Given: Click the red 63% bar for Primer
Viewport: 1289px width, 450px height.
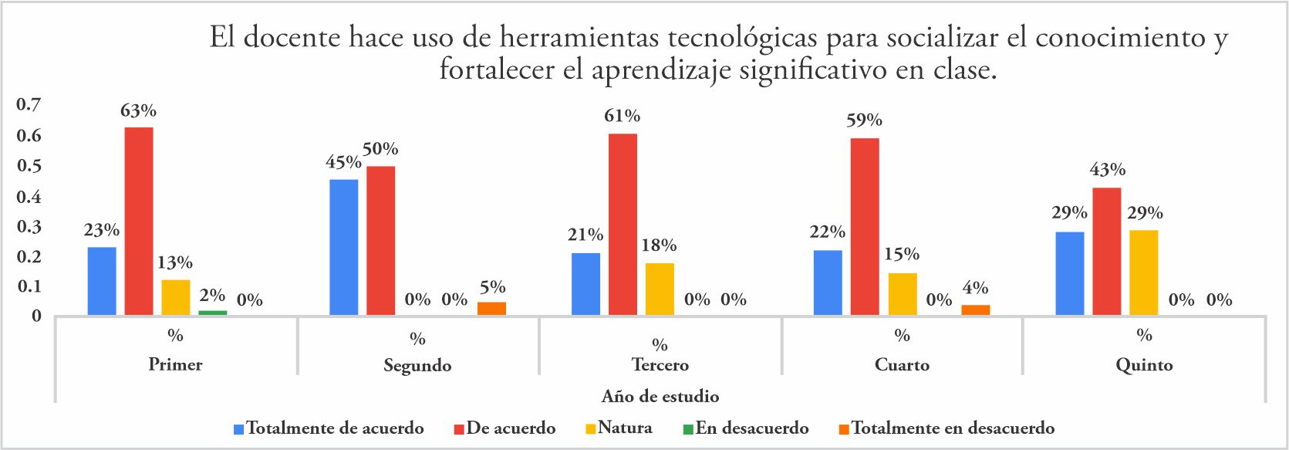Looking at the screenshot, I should (x=139, y=221).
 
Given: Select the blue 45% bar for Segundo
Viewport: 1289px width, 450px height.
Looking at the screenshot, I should (x=343, y=247).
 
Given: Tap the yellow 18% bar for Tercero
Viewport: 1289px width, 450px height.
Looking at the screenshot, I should (x=660, y=289).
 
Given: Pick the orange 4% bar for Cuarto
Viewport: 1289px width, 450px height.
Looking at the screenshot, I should (x=975, y=310).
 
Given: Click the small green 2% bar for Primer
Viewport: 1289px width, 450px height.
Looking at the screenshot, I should (x=213, y=313).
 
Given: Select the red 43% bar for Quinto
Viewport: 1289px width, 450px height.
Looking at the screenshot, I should (x=1107, y=251).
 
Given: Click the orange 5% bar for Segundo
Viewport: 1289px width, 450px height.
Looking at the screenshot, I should (x=491, y=308).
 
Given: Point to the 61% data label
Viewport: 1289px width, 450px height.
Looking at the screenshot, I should (x=622, y=116).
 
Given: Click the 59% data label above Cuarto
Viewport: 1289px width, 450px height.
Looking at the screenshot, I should (x=864, y=120).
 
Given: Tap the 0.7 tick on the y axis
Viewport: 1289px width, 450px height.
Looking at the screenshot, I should (x=29, y=104).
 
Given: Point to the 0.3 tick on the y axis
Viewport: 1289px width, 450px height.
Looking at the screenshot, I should (x=29, y=226).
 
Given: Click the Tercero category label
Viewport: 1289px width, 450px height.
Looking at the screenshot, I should (x=660, y=365).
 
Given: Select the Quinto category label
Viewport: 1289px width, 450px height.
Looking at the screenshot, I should (x=1144, y=365).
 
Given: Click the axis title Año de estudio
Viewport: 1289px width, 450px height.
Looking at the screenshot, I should (x=660, y=397).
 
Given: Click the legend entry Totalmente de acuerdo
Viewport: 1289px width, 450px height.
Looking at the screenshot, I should (x=335, y=428).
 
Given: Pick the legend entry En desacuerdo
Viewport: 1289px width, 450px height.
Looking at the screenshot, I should (x=751, y=428).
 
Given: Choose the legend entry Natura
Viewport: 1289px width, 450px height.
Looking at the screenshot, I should (x=624, y=428).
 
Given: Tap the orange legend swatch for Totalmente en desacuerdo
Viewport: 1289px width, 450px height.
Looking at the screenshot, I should (x=845, y=428).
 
